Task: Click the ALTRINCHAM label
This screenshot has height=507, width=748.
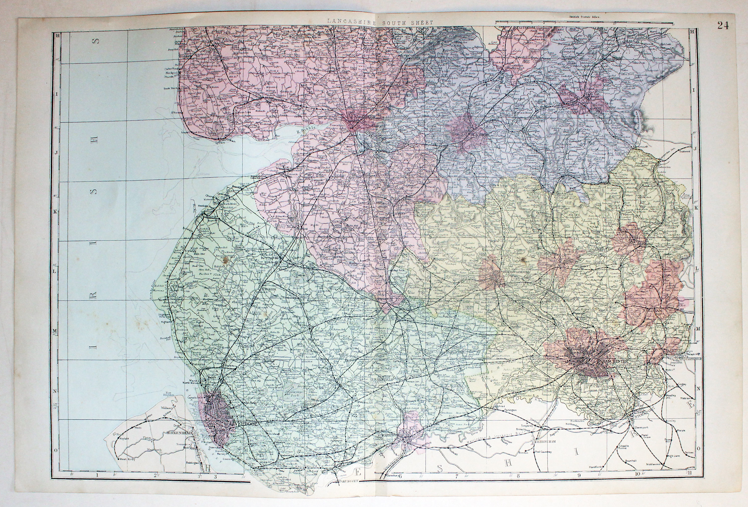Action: [x=552, y=441]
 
